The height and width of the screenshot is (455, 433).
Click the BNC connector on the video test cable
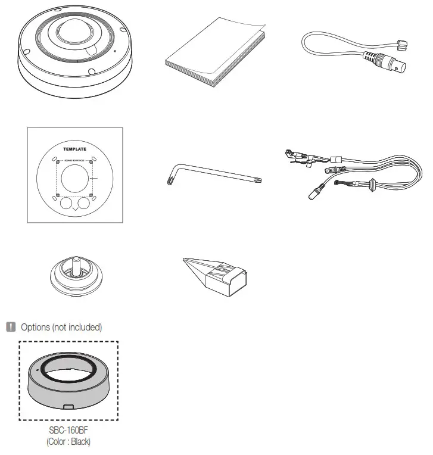(x=391, y=65)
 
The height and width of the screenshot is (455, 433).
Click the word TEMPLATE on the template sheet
(x=74, y=149)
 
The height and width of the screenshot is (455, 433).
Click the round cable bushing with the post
(x=75, y=275)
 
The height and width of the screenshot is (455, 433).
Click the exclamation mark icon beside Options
(x=11, y=326)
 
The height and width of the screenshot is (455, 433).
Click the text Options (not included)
(x=61, y=327)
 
